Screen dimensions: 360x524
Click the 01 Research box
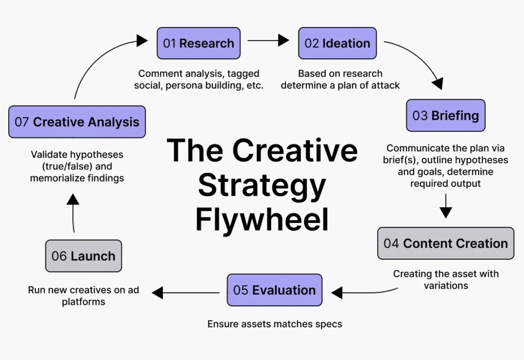(x=198, y=43)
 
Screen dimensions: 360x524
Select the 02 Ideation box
(x=337, y=43)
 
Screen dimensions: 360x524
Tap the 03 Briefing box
(x=445, y=115)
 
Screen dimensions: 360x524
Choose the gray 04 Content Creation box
(x=445, y=243)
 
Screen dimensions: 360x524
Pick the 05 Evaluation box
(x=274, y=290)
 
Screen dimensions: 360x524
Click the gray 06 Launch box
(x=83, y=256)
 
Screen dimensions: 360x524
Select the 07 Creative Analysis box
(x=77, y=122)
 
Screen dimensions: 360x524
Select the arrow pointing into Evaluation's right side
(x=363, y=292)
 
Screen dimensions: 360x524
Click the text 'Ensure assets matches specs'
(x=274, y=324)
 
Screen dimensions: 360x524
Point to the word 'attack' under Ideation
(x=383, y=85)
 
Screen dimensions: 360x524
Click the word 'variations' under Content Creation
(x=446, y=285)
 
